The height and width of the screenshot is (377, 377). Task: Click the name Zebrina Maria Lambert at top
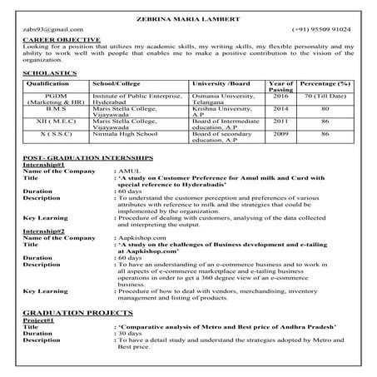point(188,18)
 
